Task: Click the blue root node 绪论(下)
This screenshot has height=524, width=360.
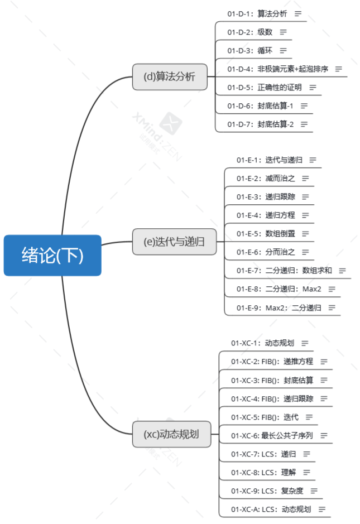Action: (x=52, y=256)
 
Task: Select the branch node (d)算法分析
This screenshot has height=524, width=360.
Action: (x=170, y=77)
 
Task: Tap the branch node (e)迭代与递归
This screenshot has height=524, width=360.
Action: (x=174, y=242)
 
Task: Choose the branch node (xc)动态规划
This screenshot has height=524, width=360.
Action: (x=171, y=434)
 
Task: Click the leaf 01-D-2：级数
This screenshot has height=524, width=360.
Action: (x=249, y=32)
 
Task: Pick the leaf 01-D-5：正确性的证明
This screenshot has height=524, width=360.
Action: (x=264, y=88)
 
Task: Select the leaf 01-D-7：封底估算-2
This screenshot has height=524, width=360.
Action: (x=260, y=124)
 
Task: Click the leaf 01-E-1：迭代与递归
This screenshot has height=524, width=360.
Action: (x=269, y=160)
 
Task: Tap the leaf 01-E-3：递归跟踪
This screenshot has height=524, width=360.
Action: (x=266, y=197)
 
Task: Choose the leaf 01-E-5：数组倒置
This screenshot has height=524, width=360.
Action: (x=266, y=234)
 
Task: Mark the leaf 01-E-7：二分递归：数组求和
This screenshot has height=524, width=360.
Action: (x=284, y=271)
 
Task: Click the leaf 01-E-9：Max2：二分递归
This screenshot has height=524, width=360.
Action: (x=279, y=307)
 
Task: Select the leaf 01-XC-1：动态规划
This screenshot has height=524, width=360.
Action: (x=262, y=343)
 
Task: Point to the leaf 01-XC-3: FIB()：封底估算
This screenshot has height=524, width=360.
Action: (x=272, y=380)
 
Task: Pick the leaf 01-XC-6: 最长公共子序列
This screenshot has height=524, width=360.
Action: (x=272, y=435)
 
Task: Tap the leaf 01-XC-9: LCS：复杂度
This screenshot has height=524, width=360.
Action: (x=267, y=491)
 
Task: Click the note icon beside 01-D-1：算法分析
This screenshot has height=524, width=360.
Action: (x=298, y=13)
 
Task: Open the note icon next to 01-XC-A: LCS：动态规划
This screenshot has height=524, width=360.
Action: (x=321, y=509)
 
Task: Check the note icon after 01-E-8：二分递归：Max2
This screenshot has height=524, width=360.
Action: (x=332, y=289)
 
